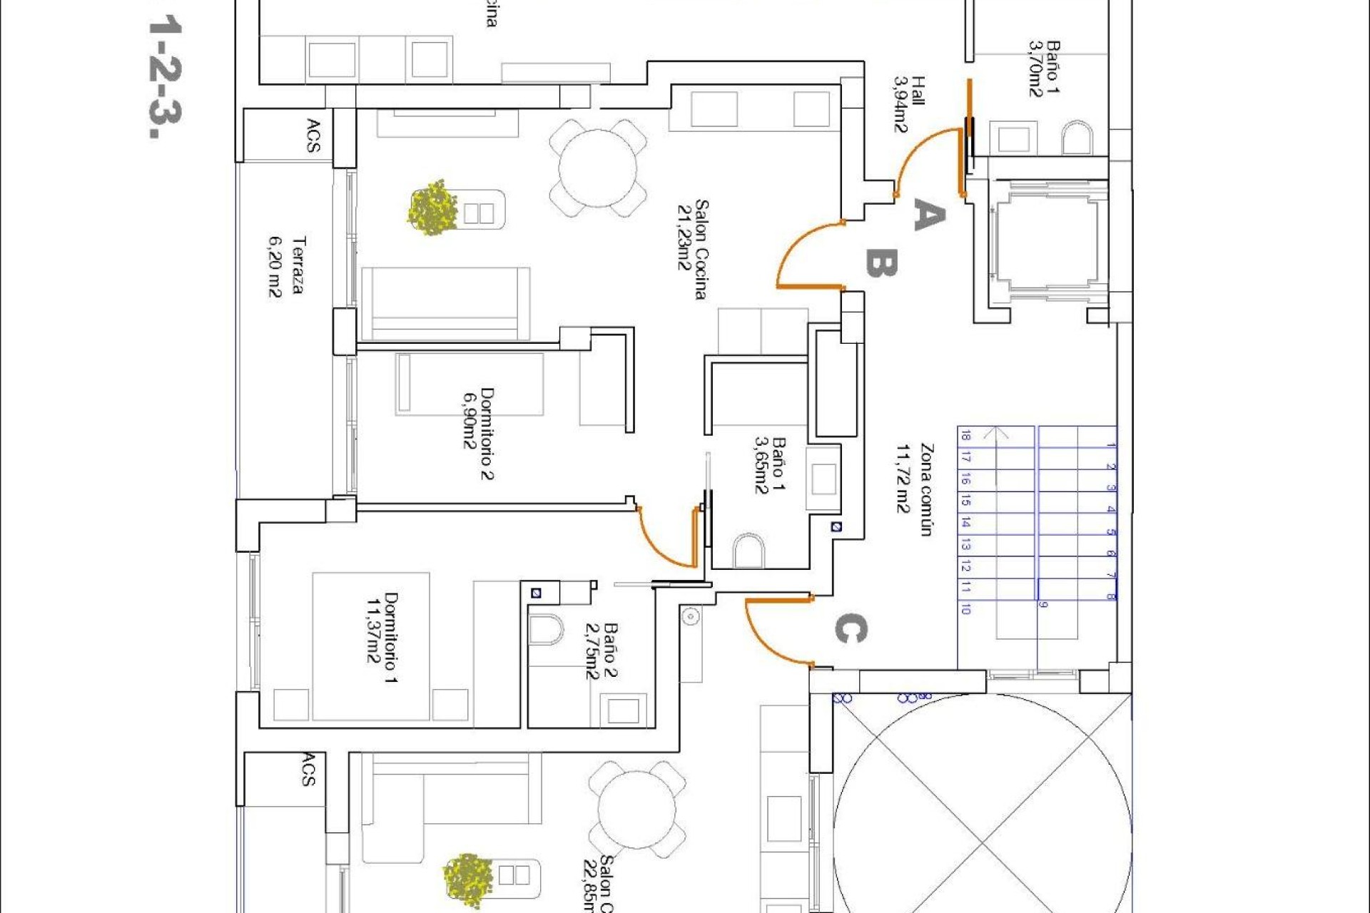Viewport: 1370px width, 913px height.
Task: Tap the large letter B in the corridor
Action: click(881, 263)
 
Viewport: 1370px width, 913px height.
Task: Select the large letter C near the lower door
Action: click(850, 629)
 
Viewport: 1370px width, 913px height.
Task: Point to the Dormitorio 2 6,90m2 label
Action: click(478, 433)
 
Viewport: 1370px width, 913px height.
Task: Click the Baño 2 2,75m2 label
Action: click(601, 651)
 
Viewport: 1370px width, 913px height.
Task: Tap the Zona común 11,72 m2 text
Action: click(915, 489)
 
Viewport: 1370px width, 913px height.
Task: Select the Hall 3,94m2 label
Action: click(909, 104)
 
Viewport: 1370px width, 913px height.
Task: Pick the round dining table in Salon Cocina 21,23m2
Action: click(598, 169)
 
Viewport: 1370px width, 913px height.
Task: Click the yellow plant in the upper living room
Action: click(432, 208)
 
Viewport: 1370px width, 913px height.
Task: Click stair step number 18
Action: click(965, 436)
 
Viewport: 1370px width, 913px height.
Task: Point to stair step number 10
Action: click(965, 608)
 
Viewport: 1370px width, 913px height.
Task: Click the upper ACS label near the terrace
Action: click(313, 136)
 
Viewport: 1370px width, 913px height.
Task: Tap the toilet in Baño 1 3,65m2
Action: click(749, 550)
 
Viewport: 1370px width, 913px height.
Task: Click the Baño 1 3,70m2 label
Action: click(1044, 68)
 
